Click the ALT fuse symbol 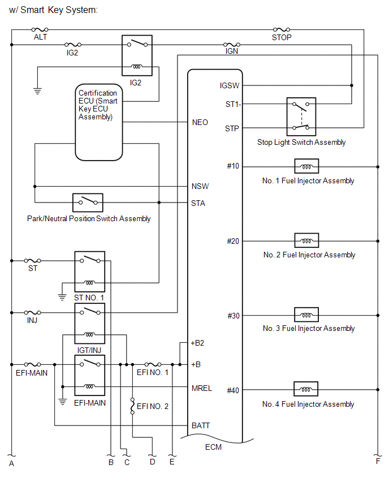click(40, 29)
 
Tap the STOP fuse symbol click(281, 29)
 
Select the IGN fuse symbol click(231, 44)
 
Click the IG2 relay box click(137, 55)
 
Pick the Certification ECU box click(99, 122)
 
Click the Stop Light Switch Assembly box click(301, 117)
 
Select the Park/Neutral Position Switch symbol click(88, 202)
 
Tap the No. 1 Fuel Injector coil click(306, 166)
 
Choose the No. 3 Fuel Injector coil click(306, 315)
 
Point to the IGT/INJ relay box click(90, 323)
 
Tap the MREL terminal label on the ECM click(201, 388)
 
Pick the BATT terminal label click(201, 425)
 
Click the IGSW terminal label click(230, 85)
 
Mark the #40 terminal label click(233, 390)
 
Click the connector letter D click(152, 463)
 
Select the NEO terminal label click(200, 122)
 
